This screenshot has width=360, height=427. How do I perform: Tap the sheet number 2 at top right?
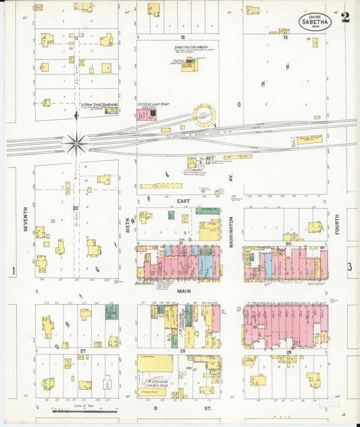point(345,18)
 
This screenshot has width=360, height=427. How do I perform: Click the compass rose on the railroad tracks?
point(76,143)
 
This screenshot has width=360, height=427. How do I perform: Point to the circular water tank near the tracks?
point(203,115)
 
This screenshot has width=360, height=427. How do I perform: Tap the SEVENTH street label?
point(25,220)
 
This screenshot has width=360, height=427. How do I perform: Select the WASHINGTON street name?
point(231,232)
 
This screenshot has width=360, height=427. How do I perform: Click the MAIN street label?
point(184,291)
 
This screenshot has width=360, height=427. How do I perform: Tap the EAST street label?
point(184,201)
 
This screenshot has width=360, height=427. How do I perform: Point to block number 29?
point(288,352)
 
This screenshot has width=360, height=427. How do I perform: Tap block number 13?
point(286,38)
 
